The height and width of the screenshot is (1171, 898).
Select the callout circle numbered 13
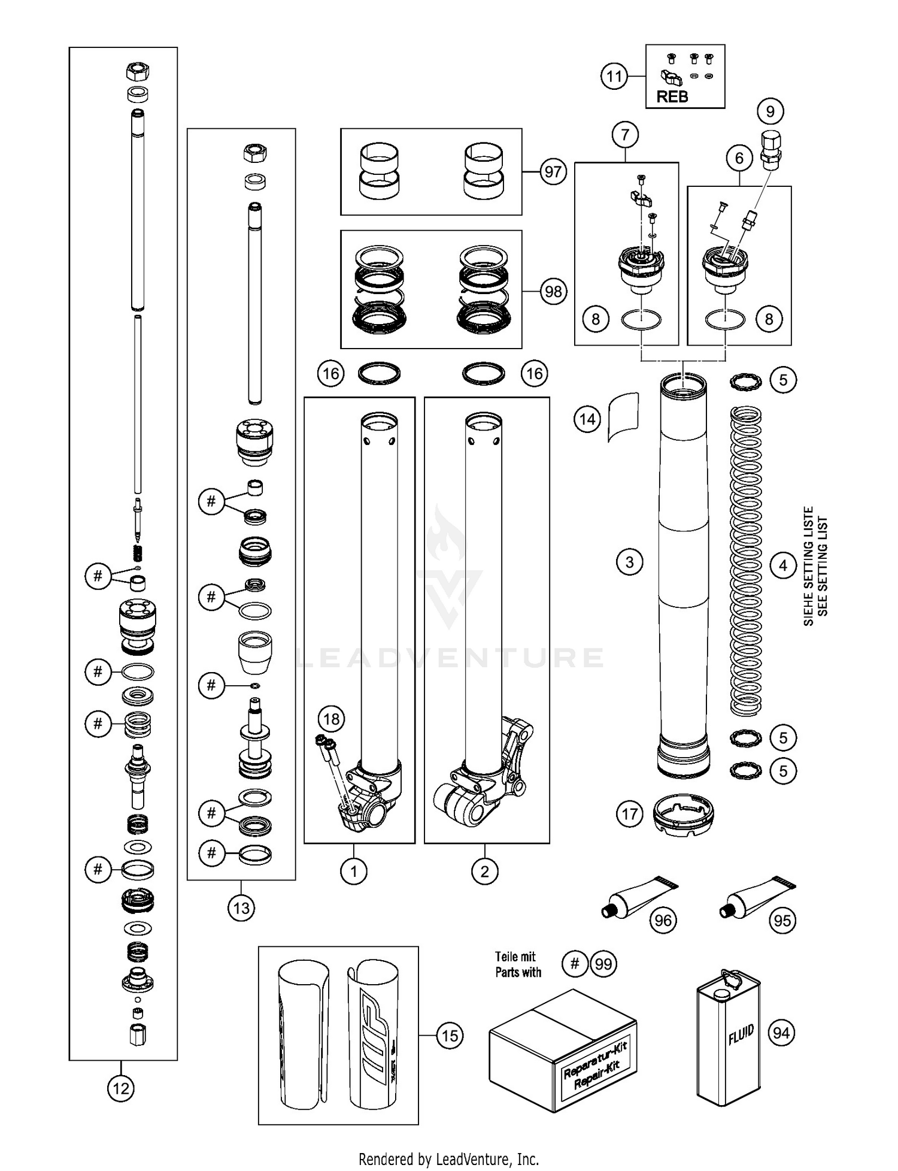[x=241, y=908]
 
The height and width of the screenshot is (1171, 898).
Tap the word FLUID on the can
[x=740, y=1034]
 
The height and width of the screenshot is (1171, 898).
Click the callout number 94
[x=781, y=1032]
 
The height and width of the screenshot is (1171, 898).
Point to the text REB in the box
[x=672, y=96]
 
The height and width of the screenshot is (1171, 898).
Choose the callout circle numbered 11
[x=614, y=77]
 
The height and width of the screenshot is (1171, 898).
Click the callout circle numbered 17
[x=629, y=813]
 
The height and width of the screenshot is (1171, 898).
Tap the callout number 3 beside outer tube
[x=629, y=562]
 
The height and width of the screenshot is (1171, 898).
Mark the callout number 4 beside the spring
[x=783, y=565]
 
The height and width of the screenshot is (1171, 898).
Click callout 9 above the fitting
[x=770, y=111]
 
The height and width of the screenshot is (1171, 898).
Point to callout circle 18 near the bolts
[x=331, y=719]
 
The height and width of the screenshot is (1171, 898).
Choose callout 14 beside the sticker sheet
[x=587, y=419]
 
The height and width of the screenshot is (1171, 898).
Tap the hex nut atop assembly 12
[x=138, y=73]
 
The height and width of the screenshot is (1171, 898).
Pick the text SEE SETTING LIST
[x=823, y=566]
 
